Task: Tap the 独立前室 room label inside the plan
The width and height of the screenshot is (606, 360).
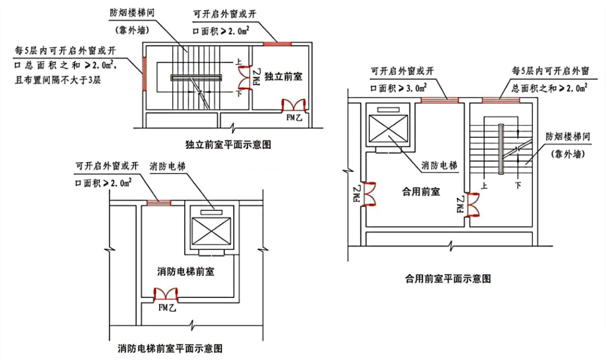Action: tap(281, 76)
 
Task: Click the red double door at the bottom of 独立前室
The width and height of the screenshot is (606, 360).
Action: tap(294, 106)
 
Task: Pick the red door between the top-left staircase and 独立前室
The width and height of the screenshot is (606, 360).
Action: tap(244, 76)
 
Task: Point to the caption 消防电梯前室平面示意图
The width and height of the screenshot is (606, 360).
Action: tap(170, 347)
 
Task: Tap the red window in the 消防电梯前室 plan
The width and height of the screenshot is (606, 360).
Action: tap(158, 202)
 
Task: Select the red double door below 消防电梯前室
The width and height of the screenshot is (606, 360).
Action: tap(166, 294)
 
